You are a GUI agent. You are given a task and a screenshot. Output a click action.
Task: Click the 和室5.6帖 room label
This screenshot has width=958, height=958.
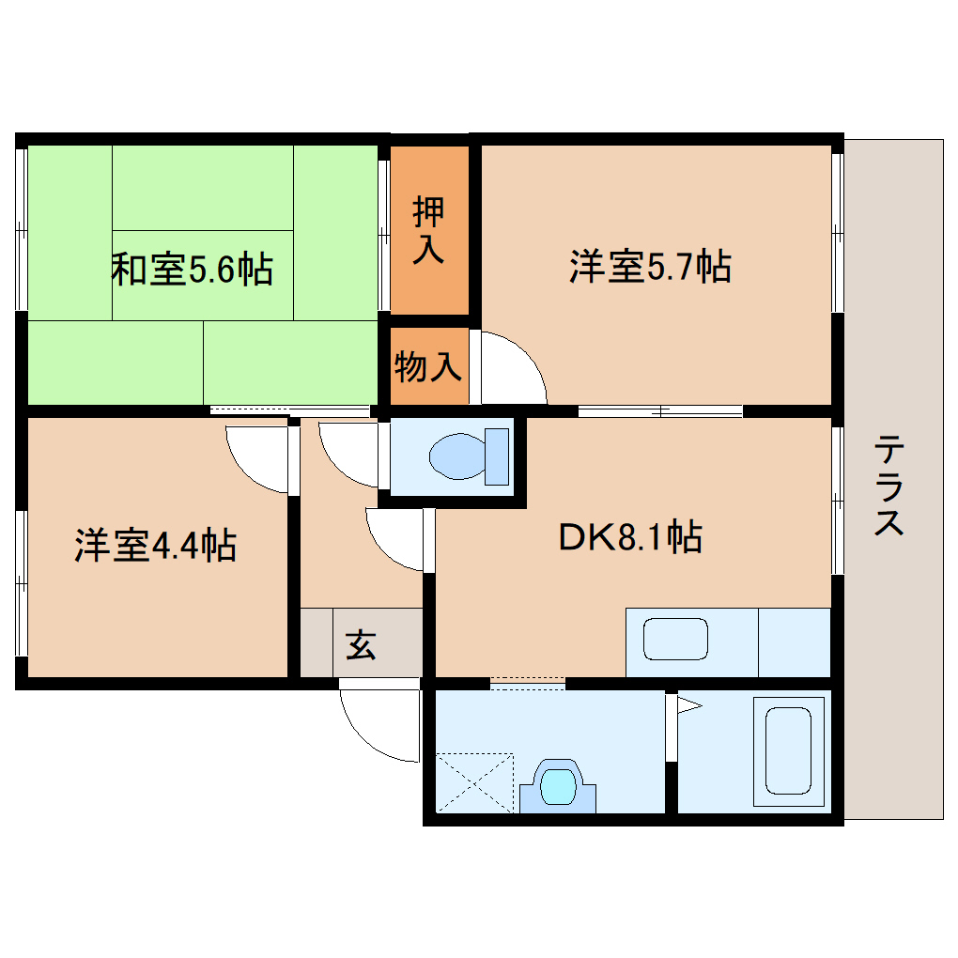coord(192,270)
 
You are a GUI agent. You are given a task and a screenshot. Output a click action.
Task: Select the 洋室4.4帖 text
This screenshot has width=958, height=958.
coord(155,545)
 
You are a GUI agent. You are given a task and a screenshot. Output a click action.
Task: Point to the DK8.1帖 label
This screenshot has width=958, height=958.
coord(630,538)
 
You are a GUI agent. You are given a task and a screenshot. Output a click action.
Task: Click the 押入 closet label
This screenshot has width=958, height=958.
coord(428,231)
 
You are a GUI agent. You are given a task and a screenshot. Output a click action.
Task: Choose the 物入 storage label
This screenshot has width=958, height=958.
coord(428,367)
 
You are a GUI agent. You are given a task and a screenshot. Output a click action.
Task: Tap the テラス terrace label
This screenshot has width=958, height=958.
coord(888,486)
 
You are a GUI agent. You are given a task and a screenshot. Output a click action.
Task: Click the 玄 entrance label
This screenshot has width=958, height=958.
coord(361,645)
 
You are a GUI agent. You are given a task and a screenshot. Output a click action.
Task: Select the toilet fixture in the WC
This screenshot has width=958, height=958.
coord(468,456)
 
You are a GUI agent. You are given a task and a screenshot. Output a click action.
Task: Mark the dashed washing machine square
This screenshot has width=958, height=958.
coord(475,781)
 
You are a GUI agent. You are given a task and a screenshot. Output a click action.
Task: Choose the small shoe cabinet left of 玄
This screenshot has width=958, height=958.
coord(316,643)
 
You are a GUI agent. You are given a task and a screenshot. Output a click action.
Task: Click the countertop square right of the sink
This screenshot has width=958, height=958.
coord(794,642)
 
